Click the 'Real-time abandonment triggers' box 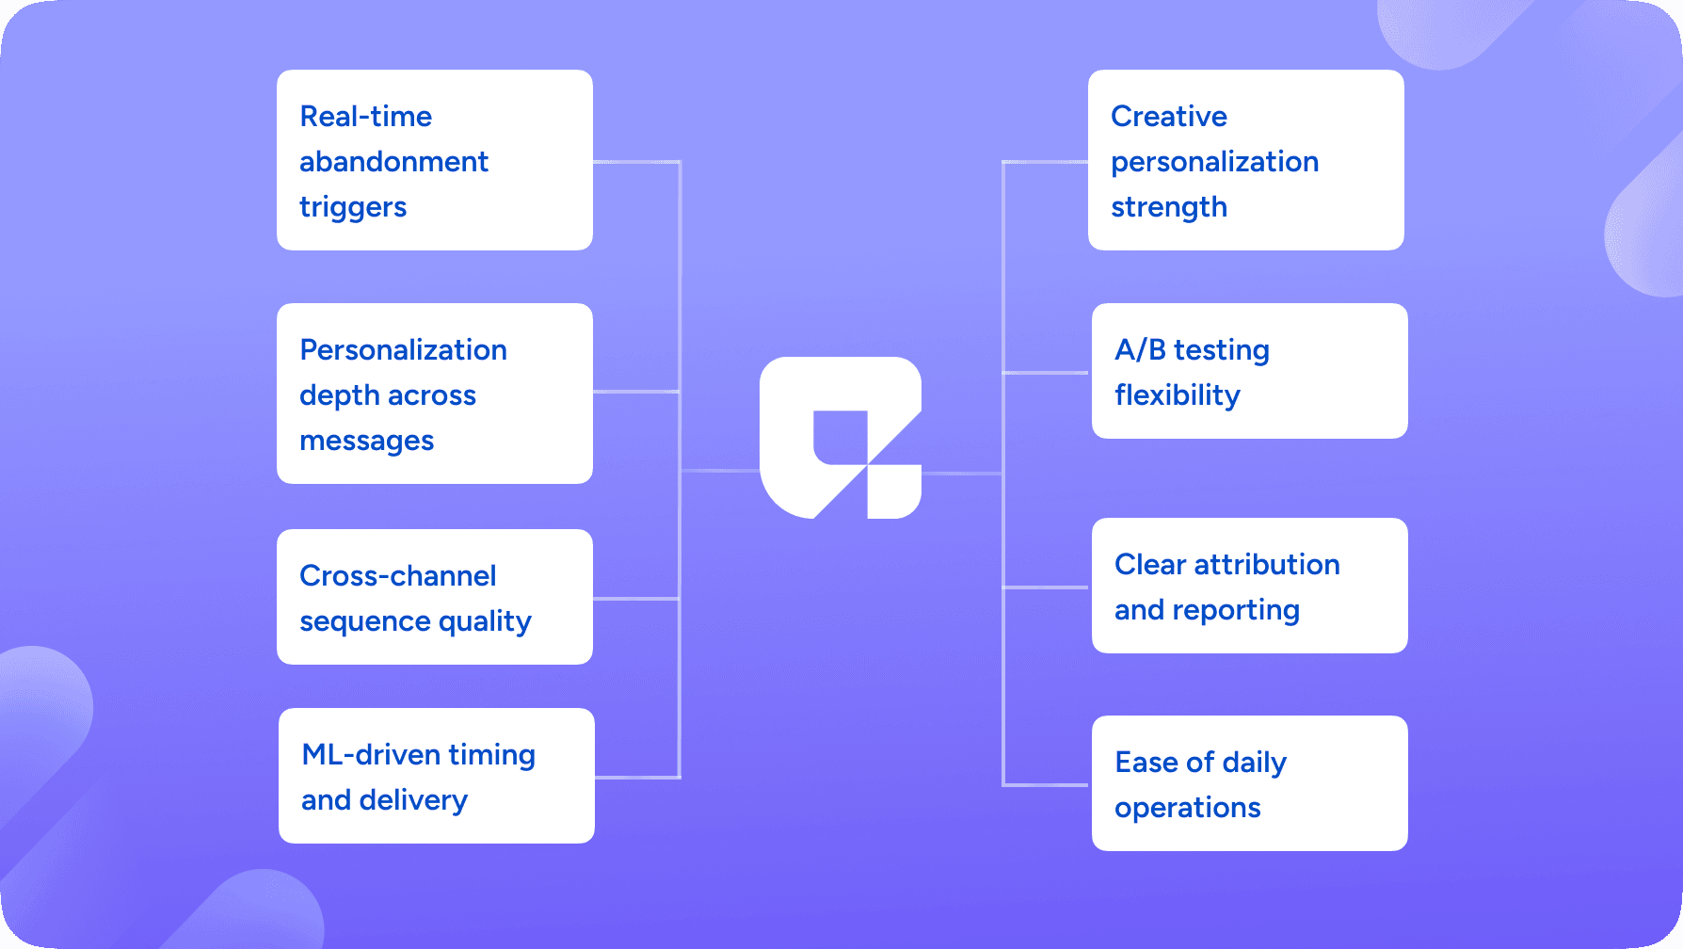[435, 160]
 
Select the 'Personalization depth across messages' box [435, 394]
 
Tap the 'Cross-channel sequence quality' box [435, 597]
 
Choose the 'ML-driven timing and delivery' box [437, 776]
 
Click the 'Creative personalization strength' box [1246, 160]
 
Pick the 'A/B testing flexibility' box [1250, 371]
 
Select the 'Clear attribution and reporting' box [1250, 586]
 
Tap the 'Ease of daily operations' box [1250, 783]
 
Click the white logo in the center [841, 438]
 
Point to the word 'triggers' [353, 208]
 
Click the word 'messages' [367, 442]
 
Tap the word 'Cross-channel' [398, 575]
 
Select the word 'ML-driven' [371, 754]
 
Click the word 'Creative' [1169, 116]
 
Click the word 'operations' [1188, 809]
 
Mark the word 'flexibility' [1178, 396]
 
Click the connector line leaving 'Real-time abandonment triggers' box [636, 162]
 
